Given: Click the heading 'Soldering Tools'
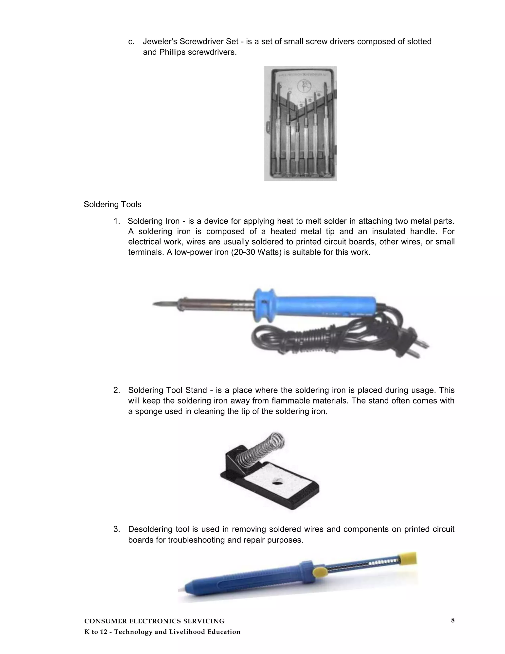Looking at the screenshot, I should coord(112,205).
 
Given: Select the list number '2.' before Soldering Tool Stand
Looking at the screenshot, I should coord(117,390).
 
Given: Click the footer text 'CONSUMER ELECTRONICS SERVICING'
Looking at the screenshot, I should coord(154,621).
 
